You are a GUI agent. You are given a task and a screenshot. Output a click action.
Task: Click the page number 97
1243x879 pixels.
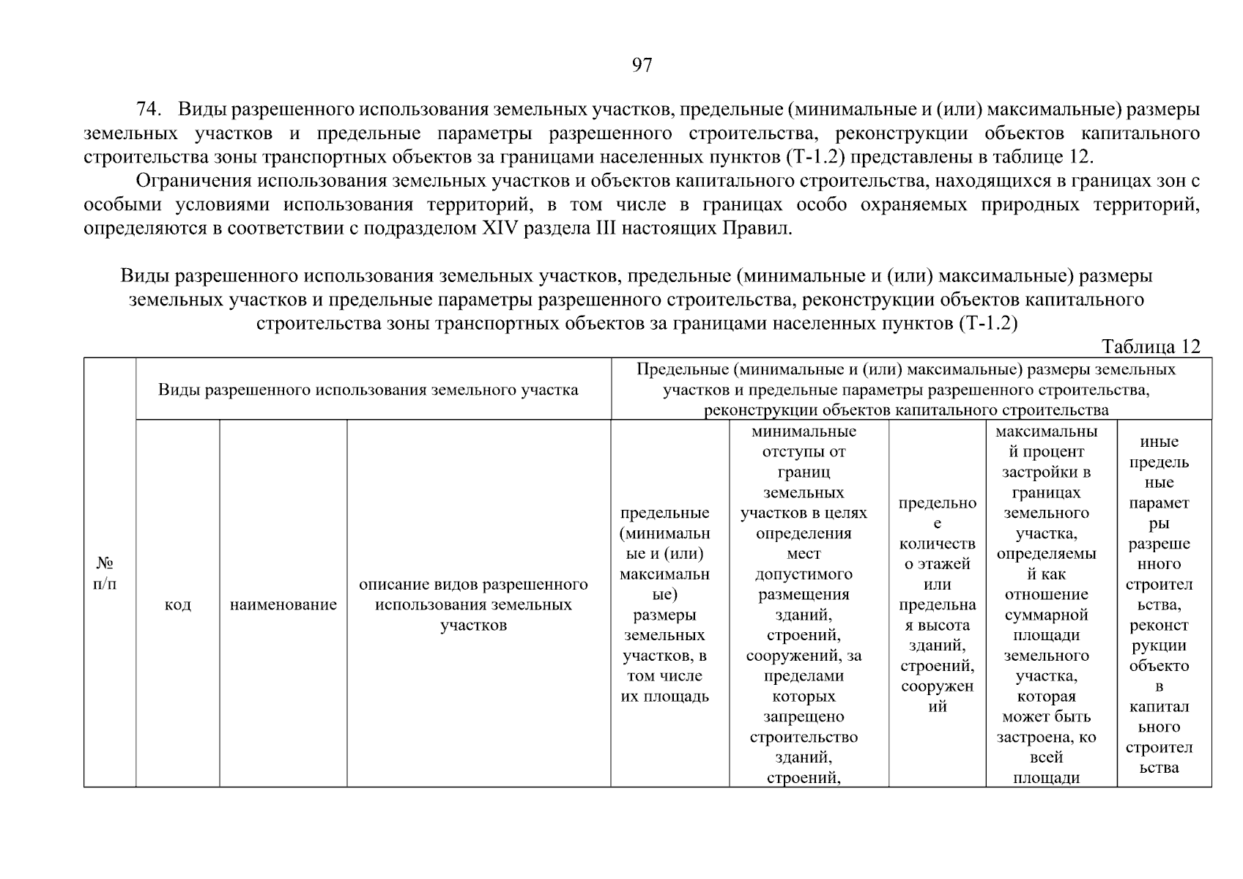tap(642, 66)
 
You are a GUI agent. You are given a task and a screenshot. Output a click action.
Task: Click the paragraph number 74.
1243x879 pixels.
tap(149, 110)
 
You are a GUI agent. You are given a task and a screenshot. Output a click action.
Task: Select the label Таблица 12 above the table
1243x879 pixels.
tap(1151, 346)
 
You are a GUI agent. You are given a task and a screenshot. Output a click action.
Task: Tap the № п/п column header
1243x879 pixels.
tap(105, 574)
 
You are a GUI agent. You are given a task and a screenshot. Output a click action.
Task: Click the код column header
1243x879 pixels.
tap(178, 604)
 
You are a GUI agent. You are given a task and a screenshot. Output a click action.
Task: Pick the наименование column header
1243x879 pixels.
tap(283, 604)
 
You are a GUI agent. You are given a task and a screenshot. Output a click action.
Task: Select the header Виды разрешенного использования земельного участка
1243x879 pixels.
tap(368, 390)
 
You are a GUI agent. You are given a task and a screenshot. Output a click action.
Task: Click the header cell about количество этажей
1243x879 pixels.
tap(937, 604)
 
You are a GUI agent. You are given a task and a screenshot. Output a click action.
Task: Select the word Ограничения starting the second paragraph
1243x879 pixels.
tap(191, 181)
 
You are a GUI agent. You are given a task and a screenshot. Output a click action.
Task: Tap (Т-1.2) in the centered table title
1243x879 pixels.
tap(987, 323)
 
